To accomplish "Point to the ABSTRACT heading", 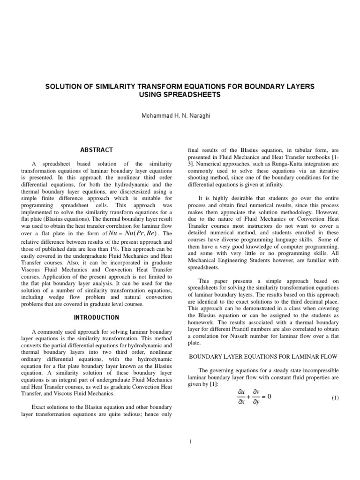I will pyautogui.click(x=97, y=150).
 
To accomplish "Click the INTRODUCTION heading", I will pyautogui.click(x=96, y=317).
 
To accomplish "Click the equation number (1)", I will pyautogui.click(x=335, y=398).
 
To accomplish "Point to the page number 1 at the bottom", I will pyautogui.click(x=180, y=441).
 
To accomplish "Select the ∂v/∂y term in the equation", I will pyautogui.click(x=256, y=397).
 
